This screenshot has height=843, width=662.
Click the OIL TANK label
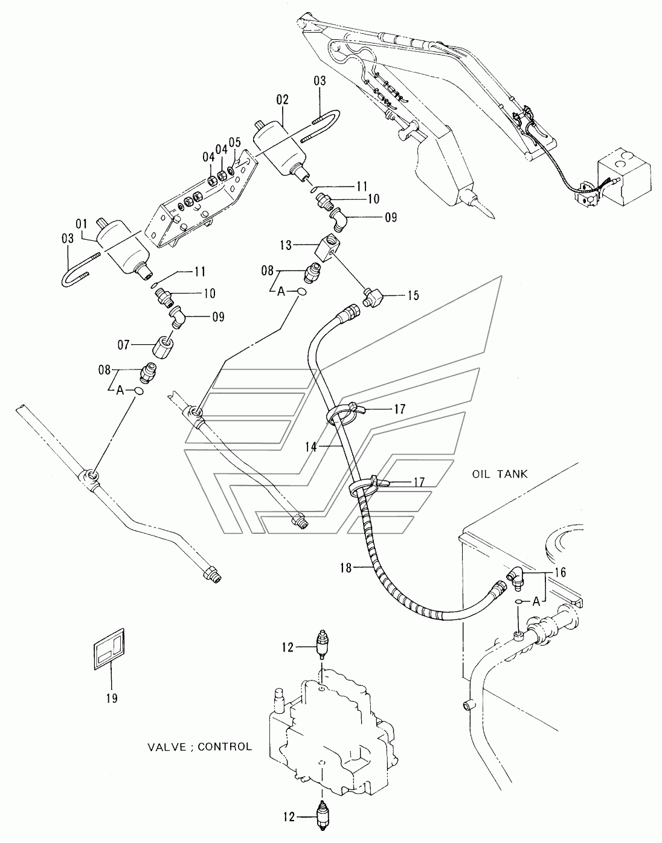500,474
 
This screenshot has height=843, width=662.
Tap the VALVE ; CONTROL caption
199,746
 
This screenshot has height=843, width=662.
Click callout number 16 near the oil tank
560,572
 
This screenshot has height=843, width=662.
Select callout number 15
413,295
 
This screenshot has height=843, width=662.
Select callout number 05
235,143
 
